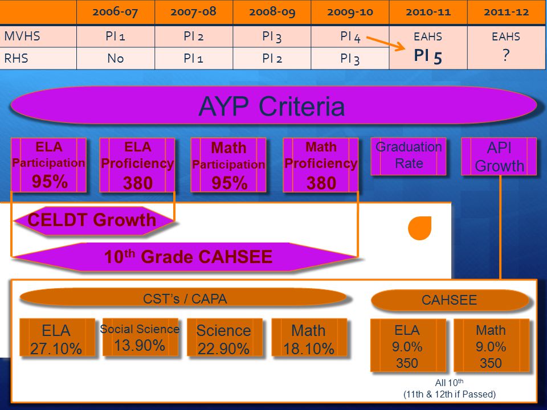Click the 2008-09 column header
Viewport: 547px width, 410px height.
pyautogui.click(x=272, y=12)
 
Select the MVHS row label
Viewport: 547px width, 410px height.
pyautogui.click(x=22, y=36)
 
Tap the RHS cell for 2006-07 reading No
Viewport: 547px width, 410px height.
pyautogui.click(x=116, y=58)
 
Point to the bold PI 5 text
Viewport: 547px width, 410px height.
pyautogui.click(x=428, y=56)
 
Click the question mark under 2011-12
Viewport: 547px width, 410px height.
pyautogui.click(x=506, y=55)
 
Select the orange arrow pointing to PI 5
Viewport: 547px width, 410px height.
pyautogui.click(x=386, y=44)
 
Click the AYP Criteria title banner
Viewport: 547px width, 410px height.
pyautogui.click(x=273, y=105)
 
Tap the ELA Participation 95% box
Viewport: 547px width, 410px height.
pyautogui.click(x=48, y=165)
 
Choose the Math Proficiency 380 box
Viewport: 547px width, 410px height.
pyautogui.click(x=321, y=165)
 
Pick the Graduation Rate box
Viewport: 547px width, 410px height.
pyautogui.click(x=409, y=156)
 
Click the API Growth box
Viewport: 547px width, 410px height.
pyautogui.click(x=499, y=156)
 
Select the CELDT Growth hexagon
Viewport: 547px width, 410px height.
pyautogui.click(x=93, y=220)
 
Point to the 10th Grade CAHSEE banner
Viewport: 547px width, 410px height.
pyautogui.click(x=185, y=257)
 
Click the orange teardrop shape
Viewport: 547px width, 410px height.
pyautogui.click(x=420, y=228)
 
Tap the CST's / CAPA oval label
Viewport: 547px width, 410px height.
pyautogui.click(x=184, y=298)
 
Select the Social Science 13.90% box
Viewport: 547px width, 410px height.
pyautogui.click(x=140, y=337)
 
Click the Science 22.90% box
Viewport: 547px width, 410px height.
pyautogui.click(x=224, y=337)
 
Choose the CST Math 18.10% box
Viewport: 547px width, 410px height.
pyautogui.click(x=309, y=337)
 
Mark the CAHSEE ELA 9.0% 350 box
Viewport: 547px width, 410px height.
pyautogui.click(x=408, y=346)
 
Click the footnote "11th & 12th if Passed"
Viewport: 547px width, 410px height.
pyautogui.click(x=450, y=394)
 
